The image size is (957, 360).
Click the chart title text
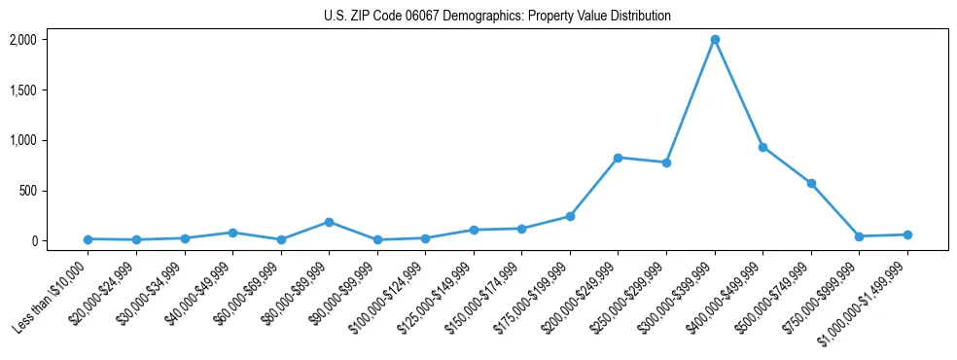(497, 16)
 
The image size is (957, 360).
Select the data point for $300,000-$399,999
(715, 40)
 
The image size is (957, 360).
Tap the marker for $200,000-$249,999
(619, 158)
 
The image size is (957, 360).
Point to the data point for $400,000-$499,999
(762, 147)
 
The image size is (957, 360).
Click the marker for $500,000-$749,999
(811, 183)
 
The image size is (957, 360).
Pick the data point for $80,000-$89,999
(330, 222)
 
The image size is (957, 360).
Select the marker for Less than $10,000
(89, 239)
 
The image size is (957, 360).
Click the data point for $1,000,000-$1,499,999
(907, 234)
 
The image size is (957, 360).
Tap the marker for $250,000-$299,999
(666, 162)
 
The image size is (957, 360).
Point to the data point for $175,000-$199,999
(570, 216)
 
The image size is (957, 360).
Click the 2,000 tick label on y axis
(22, 40)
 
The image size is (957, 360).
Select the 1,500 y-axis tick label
(22, 90)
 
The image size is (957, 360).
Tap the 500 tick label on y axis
(26, 191)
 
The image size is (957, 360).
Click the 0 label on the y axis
(33, 241)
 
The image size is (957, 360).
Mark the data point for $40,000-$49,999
(233, 233)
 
